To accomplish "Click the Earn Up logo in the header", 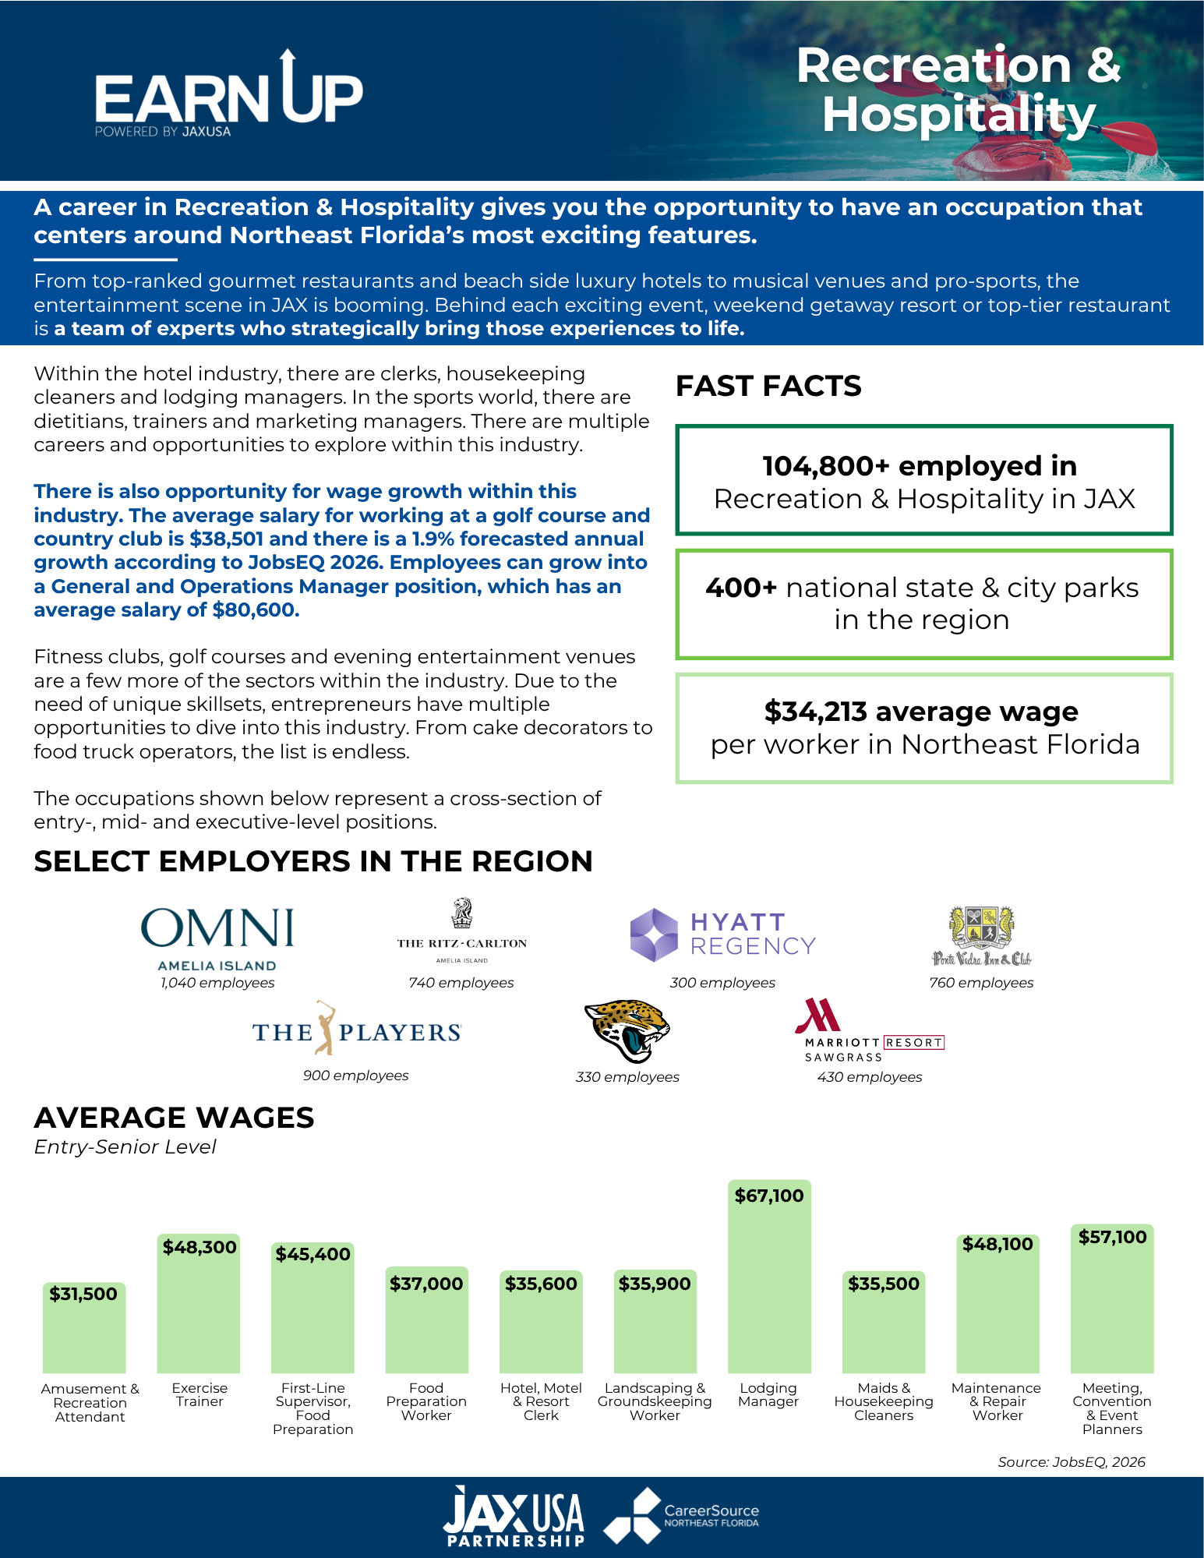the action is [x=229, y=94].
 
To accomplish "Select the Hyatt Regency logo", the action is [x=722, y=934].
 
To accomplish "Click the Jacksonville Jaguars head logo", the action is [x=627, y=1031].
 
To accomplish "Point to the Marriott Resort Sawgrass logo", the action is [x=870, y=1030].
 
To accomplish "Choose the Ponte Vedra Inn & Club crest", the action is [x=981, y=936].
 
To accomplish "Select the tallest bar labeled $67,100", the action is [x=769, y=1276].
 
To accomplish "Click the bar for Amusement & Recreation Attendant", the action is [x=84, y=1327].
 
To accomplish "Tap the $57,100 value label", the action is [x=1112, y=1237].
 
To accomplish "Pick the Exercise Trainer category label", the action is [x=199, y=1394].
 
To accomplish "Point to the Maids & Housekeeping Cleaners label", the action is [x=884, y=1401].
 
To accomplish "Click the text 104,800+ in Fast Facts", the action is [x=826, y=466].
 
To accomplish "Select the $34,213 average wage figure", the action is [x=815, y=712].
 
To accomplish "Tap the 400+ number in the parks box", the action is [x=741, y=588].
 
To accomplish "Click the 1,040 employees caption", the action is [x=217, y=983].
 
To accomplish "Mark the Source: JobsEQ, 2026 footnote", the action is [x=1072, y=1462].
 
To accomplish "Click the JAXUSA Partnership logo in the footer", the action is [x=514, y=1516].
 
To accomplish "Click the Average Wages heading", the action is [x=174, y=1118].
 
